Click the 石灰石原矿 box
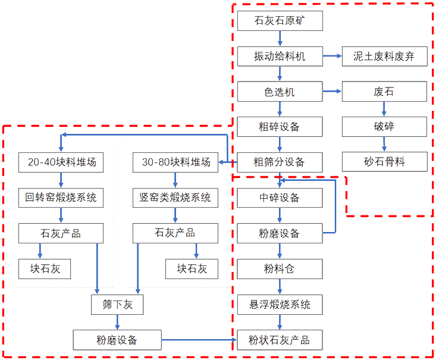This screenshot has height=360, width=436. pyautogui.click(x=280, y=22)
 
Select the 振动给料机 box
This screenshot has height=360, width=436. pyautogui.click(x=280, y=57)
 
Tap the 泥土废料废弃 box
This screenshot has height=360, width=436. pyautogui.click(x=384, y=57)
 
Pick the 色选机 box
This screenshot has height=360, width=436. pyautogui.click(x=280, y=92)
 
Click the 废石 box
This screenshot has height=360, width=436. pyautogui.click(x=384, y=92)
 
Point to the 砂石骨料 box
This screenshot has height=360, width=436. pyautogui.click(x=384, y=161)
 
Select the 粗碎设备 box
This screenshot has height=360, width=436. pyautogui.click(x=280, y=127)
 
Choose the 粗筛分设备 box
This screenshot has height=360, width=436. pyautogui.click(x=280, y=161)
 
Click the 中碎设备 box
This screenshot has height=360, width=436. pyautogui.click(x=280, y=198)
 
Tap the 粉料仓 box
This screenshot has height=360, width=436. pyautogui.click(x=280, y=269)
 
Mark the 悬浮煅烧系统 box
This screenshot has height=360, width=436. pyautogui.click(x=280, y=305)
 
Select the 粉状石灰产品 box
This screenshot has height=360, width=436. pyautogui.click(x=280, y=340)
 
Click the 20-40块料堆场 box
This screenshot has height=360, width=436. pyautogui.click(x=61, y=162)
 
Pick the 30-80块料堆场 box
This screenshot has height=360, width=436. pyautogui.click(x=175, y=162)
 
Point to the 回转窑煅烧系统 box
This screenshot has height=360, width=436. pyautogui.click(x=61, y=198)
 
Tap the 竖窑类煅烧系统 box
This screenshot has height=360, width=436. pyautogui.click(x=175, y=198)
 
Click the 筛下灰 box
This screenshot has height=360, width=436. pyautogui.click(x=116, y=305)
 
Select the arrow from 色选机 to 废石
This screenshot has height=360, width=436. pyautogui.click(x=333, y=92)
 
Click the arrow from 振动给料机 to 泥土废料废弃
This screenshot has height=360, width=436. pyautogui.click(x=333, y=57)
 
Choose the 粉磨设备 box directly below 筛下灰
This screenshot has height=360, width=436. pyautogui.click(x=117, y=340)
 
